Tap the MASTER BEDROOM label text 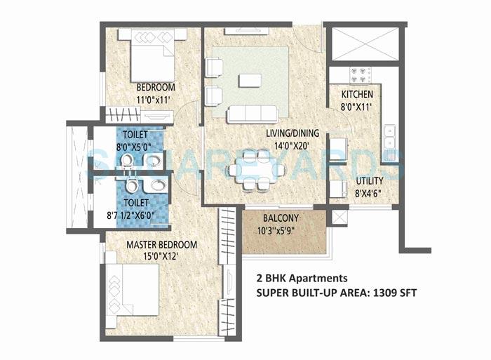coord(161,245)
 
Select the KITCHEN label coord(357,95)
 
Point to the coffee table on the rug coord(250,80)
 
